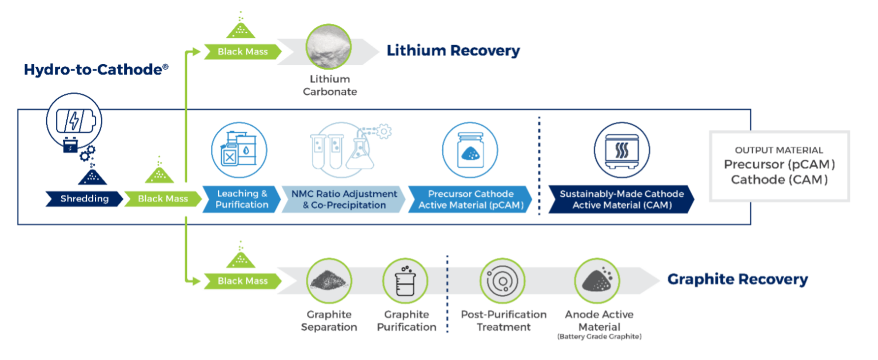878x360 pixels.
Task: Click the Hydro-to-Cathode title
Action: point(96,70)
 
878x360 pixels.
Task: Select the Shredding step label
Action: point(84,199)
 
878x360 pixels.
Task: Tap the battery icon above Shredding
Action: point(75,122)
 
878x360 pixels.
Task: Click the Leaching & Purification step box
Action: point(241,199)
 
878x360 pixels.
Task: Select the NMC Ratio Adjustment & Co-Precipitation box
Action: point(344,199)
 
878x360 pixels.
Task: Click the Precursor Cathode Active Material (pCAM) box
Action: point(470,199)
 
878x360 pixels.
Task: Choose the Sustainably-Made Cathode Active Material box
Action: point(621,199)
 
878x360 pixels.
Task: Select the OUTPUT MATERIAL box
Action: point(779,165)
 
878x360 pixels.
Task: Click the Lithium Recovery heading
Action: point(453,51)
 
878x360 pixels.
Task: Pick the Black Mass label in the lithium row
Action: point(242,52)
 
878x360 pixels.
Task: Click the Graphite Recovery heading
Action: point(737,279)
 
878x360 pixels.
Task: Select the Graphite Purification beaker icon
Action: point(405,281)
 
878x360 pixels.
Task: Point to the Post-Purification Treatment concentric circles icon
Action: point(502,281)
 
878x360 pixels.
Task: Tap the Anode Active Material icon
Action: point(597,281)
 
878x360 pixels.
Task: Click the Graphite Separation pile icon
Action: point(329,281)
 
